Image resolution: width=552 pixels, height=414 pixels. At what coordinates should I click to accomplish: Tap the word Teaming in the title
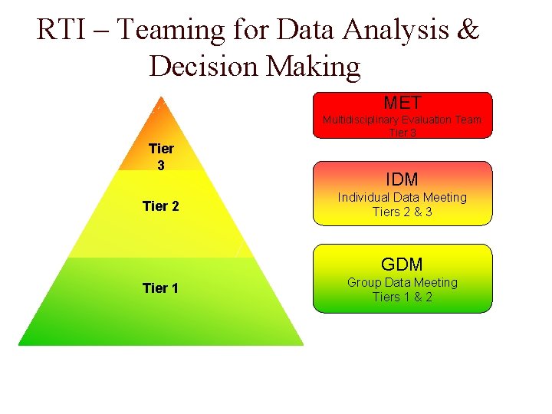tap(171, 31)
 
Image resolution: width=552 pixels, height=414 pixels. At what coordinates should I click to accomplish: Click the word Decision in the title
tap(205, 67)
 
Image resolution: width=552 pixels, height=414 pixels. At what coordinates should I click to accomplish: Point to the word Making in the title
tap(314, 67)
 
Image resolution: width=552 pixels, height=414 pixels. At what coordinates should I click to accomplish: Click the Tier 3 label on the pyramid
tap(161, 156)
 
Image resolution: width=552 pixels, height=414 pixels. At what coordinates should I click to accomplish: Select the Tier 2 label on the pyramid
tap(161, 205)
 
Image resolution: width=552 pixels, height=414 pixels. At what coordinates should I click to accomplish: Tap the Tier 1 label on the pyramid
tap(161, 288)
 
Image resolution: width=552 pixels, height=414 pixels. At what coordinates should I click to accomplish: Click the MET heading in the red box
tap(402, 103)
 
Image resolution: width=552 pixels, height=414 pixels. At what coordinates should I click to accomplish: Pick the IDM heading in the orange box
tap(402, 179)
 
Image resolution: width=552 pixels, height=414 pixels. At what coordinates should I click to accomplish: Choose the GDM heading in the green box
tap(402, 264)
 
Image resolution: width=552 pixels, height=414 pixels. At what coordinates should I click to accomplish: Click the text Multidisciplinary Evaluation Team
tap(402, 120)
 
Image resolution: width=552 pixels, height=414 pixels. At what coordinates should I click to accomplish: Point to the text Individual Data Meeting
tap(402, 197)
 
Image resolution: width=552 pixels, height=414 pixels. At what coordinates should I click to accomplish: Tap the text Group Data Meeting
tap(402, 282)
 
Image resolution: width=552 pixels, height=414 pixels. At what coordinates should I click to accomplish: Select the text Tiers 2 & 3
tap(402, 212)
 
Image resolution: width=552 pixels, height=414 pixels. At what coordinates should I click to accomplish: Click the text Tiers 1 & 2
tap(402, 297)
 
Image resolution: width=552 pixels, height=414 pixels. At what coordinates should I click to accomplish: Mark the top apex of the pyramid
tap(159, 96)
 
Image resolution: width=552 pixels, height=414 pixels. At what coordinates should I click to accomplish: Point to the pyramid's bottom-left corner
tap(19, 344)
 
